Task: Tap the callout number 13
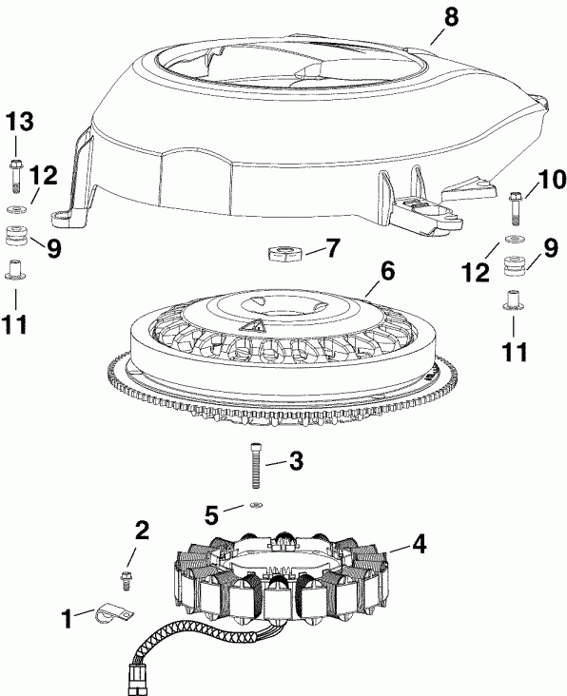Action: [20, 121]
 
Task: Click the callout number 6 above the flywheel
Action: [387, 271]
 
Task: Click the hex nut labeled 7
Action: [286, 252]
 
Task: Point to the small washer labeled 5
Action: [256, 506]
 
